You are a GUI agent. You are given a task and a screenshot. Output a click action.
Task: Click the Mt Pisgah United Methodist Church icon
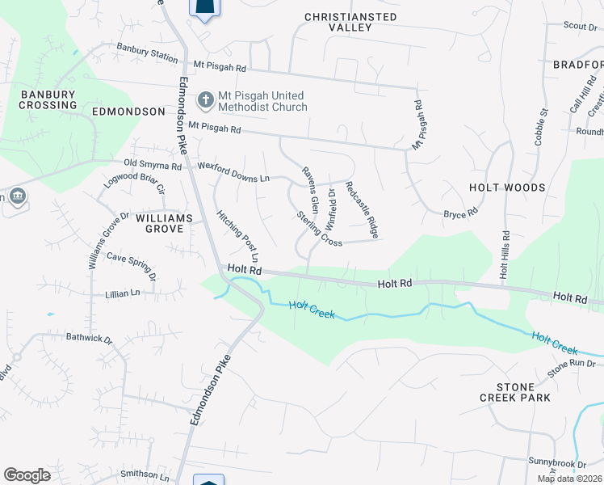tap(205, 100)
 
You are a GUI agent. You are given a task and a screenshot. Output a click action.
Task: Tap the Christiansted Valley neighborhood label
tap(350, 22)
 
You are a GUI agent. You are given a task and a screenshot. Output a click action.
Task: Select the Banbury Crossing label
tap(48, 99)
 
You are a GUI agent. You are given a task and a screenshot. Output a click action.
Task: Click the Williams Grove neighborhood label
tap(164, 223)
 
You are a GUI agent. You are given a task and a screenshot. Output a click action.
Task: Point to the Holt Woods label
tap(507, 188)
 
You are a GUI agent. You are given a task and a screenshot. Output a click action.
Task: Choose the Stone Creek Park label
tap(514, 391)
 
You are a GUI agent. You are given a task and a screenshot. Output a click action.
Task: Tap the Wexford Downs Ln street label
tap(233, 170)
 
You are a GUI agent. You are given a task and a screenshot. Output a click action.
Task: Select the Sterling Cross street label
tap(320, 230)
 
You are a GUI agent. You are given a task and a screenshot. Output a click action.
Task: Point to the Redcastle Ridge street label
tap(361, 209)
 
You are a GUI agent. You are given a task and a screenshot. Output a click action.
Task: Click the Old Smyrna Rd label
tap(153, 164)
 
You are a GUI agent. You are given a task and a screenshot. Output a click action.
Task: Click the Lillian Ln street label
tap(122, 293)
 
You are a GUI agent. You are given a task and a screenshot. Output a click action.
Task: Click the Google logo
tap(27, 475)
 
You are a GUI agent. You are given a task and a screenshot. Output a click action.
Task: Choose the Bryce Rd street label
tap(461, 213)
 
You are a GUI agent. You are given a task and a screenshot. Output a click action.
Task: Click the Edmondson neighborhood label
tap(128, 111)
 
